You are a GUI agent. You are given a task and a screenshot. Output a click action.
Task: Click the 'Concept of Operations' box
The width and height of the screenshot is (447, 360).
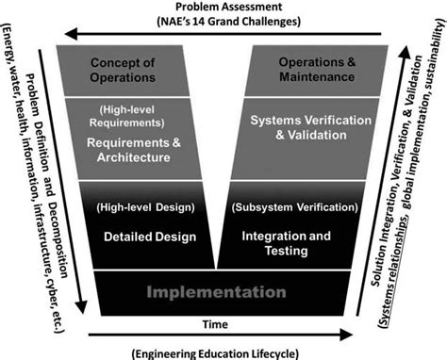122,70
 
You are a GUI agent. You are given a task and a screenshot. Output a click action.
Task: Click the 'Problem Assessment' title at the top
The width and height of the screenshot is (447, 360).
223,8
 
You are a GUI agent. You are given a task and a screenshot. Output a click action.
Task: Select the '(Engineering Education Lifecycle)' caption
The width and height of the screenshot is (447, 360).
223,352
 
